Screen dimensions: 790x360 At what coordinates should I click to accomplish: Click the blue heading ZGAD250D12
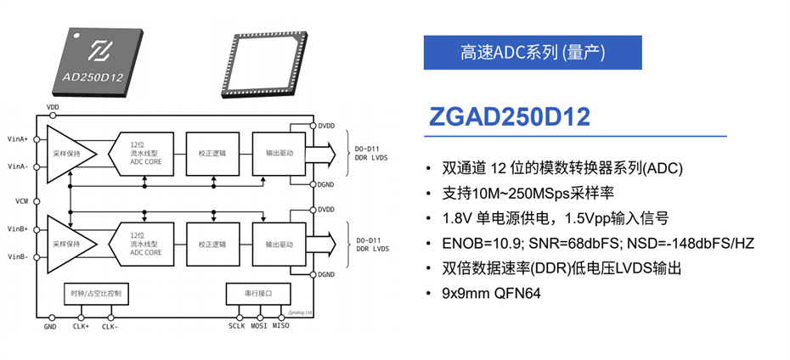510,116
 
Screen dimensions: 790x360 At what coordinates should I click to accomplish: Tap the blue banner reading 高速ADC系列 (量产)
533,53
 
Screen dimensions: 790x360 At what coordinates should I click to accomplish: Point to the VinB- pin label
18,256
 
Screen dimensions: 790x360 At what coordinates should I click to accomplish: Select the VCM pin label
22,201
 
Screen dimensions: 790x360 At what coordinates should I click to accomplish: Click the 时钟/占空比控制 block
96,294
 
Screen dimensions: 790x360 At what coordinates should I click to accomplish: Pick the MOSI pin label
258,326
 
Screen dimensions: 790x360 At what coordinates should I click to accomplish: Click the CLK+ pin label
81,326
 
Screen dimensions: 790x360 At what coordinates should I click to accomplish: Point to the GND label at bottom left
50,326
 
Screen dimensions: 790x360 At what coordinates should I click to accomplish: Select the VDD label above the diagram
53,107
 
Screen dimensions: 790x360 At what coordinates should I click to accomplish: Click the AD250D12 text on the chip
93,77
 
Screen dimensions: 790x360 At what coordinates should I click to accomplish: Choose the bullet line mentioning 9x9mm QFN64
490,293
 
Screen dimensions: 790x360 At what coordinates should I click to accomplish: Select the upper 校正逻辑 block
212,154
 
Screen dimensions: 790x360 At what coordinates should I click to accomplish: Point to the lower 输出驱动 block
279,245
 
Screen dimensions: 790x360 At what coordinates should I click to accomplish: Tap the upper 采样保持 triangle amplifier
71,154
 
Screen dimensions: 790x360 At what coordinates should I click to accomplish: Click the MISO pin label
281,326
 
